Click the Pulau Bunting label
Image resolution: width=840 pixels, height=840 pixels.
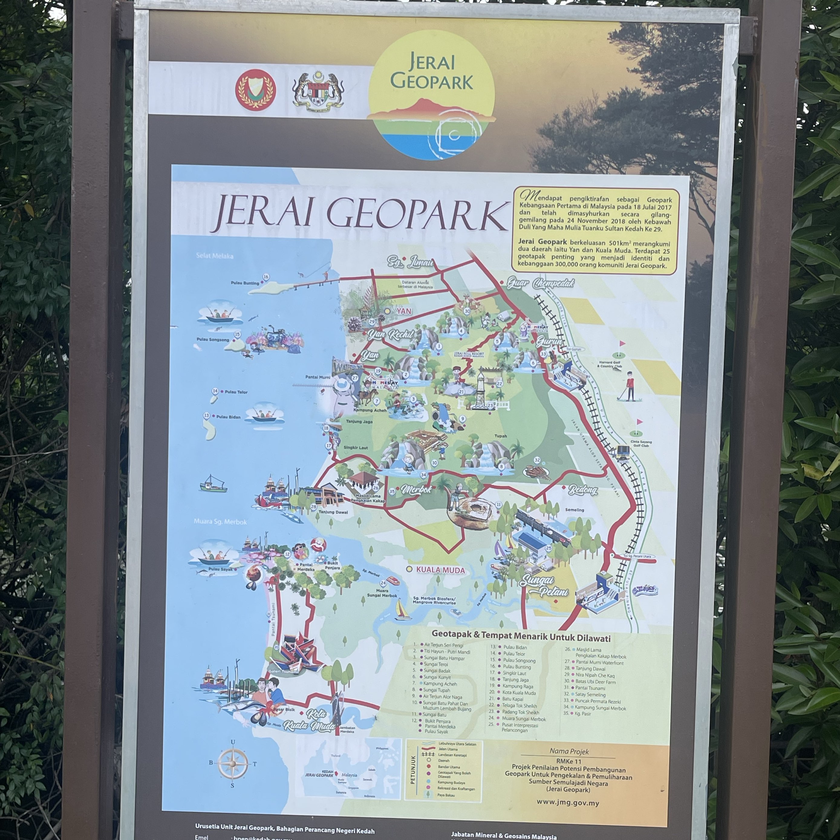245,283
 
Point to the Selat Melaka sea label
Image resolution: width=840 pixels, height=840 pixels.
214,256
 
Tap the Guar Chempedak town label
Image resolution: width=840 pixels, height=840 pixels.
540,284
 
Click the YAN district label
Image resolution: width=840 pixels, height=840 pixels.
403,311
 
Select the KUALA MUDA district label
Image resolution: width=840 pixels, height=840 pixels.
440,570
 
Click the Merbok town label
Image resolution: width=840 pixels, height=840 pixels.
416,490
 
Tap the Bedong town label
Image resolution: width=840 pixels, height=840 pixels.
583,490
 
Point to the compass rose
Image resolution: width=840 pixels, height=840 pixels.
233,763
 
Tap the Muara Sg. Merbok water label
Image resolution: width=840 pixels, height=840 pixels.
220,522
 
